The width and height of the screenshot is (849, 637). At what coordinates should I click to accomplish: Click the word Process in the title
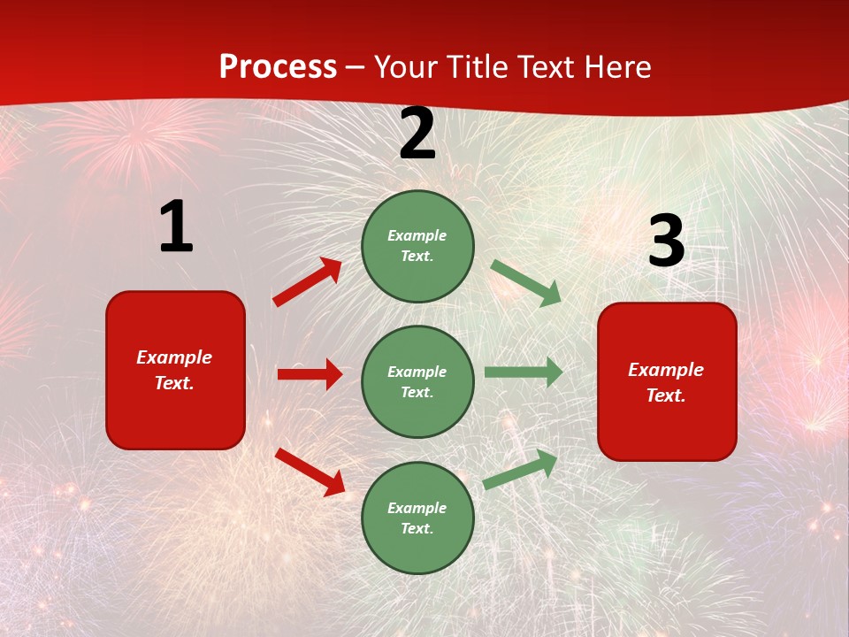[278, 67]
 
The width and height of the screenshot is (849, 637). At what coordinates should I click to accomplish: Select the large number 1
[176, 226]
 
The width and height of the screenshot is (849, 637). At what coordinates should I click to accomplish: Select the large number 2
[417, 134]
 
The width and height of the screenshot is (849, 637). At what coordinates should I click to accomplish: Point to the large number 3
[666, 242]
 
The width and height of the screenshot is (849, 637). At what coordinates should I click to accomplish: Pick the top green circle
[417, 246]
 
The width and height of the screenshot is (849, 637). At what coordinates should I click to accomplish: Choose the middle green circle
[417, 381]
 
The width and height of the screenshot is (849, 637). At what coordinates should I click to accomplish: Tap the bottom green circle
[417, 518]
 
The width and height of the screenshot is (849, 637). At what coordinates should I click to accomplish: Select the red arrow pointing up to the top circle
[308, 282]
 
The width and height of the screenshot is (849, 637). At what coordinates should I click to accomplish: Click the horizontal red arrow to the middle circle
[310, 374]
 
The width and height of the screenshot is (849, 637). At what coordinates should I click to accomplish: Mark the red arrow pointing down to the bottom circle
[310, 472]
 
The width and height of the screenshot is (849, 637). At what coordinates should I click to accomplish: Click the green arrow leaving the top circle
[525, 282]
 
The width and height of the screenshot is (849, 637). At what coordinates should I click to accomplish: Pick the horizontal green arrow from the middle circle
[524, 372]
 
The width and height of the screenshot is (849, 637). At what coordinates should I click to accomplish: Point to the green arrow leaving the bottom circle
[521, 468]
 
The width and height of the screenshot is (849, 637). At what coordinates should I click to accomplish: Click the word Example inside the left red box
[174, 357]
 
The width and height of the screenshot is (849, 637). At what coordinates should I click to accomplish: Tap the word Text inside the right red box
[665, 395]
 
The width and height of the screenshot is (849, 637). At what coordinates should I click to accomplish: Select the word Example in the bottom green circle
[417, 508]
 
